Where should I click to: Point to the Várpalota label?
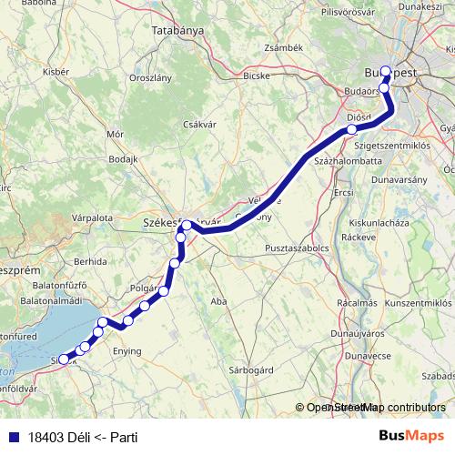(x=93, y=218)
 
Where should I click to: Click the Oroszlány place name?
(x=151, y=78)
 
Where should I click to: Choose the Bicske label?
(x=256, y=76)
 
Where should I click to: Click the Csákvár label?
(x=198, y=125)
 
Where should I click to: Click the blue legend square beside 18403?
(x=10, y=437)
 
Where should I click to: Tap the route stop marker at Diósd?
(x=352, y=129)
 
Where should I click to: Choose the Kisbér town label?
(x=56, y=70)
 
